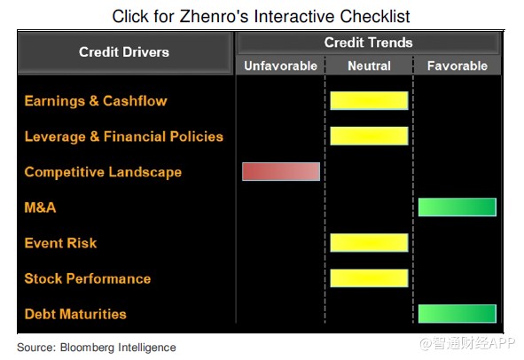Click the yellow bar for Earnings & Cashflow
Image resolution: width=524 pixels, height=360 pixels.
(x=369, y=100)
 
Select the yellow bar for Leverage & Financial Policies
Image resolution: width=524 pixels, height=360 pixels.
(x=369, y=136)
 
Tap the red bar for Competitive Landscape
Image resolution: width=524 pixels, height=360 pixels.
(x=281, y=171)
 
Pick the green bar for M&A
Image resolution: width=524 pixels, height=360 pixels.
(x=458, y=207)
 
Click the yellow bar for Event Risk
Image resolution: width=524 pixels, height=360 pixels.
(x=369, y=242)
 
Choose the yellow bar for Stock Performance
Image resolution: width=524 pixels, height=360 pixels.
(x=369, y=278)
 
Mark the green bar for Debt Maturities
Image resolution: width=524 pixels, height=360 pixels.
(x=458, y=314)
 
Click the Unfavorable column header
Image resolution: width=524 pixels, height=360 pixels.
(x=281, y=66)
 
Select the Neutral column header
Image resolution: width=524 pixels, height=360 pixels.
(x=369, y=66)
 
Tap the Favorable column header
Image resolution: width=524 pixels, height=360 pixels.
(x=458, y=66)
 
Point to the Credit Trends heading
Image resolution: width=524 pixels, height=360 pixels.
(x=368, y=43)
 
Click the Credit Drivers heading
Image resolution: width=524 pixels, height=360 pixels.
(x=124, y=51)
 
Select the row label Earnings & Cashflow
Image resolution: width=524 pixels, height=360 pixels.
(x=96, y=101)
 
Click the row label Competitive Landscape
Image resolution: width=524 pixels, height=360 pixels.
(x=103, y=172)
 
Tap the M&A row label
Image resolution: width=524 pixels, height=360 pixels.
(x=40, y=207)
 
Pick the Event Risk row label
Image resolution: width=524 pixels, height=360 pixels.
(x=60, y=243)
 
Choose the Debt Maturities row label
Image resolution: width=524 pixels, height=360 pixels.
(x=75, y=314)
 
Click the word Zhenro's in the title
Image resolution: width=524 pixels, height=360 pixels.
(x=215, y=16)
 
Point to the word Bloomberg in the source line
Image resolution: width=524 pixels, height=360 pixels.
(x=87, y=348)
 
